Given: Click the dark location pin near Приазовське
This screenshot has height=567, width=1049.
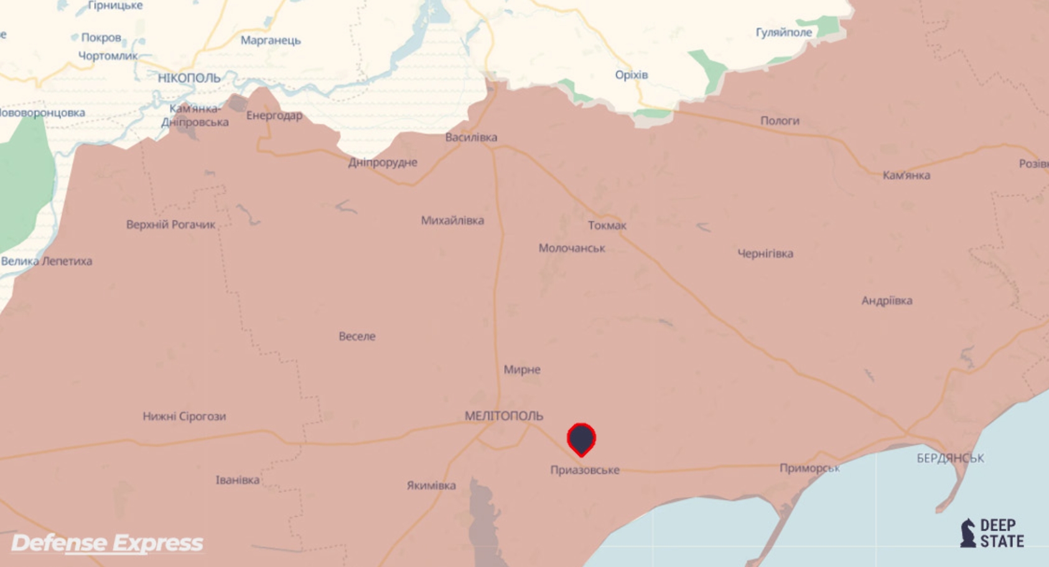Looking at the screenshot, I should pos(581,439).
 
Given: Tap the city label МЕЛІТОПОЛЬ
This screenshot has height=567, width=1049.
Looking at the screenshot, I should pos(504,416).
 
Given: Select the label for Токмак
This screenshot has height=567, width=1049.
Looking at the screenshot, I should pos(607,225).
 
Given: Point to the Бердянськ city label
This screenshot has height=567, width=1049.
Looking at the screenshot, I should pos(950,459).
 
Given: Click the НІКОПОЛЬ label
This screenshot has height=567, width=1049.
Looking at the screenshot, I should pos(189,78).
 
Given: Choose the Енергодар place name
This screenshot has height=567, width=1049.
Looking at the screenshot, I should pos(274,116).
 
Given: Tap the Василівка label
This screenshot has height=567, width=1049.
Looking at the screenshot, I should pos(471,138).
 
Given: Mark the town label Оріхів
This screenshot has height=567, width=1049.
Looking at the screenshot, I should pos(631,75).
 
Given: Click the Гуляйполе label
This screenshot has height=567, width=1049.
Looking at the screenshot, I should pos(783,32).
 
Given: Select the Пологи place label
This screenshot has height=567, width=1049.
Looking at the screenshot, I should pos(779,121).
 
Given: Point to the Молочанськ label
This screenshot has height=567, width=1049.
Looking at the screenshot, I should pos(571,248).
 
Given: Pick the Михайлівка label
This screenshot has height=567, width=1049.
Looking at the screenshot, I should pos(452,220).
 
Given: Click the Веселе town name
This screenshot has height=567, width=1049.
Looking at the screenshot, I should pos(357,337).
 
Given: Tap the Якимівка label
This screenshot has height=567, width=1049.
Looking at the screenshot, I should pos(431,485).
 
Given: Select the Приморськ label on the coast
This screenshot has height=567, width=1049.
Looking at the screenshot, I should pos(809,468).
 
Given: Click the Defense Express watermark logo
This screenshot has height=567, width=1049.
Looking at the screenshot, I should pos(107,543).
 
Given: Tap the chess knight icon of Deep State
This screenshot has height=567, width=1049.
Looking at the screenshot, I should pos(967,533).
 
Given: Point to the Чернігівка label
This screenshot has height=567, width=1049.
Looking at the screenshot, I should pos(765,254).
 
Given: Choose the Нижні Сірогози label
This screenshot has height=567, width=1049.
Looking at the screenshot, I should pos(184,416).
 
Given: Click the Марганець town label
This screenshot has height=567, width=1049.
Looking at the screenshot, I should pos(271,40).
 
